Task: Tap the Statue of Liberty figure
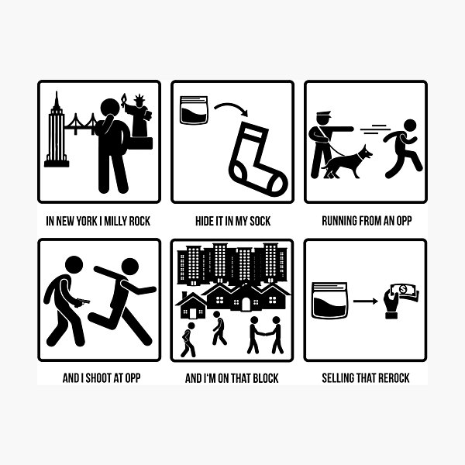click(138, 117)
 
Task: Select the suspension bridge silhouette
click(81, 123)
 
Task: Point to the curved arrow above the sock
click(231, 105)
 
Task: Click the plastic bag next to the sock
click(194, 110)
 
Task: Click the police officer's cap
click(323, 114)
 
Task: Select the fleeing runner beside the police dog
click(403, 148)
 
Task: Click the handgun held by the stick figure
click(81, 302)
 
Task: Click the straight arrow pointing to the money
click(365, 301)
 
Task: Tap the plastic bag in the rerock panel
click(329, 301)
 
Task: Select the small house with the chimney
click(191, 305)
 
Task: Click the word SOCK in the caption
click(260, 221)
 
